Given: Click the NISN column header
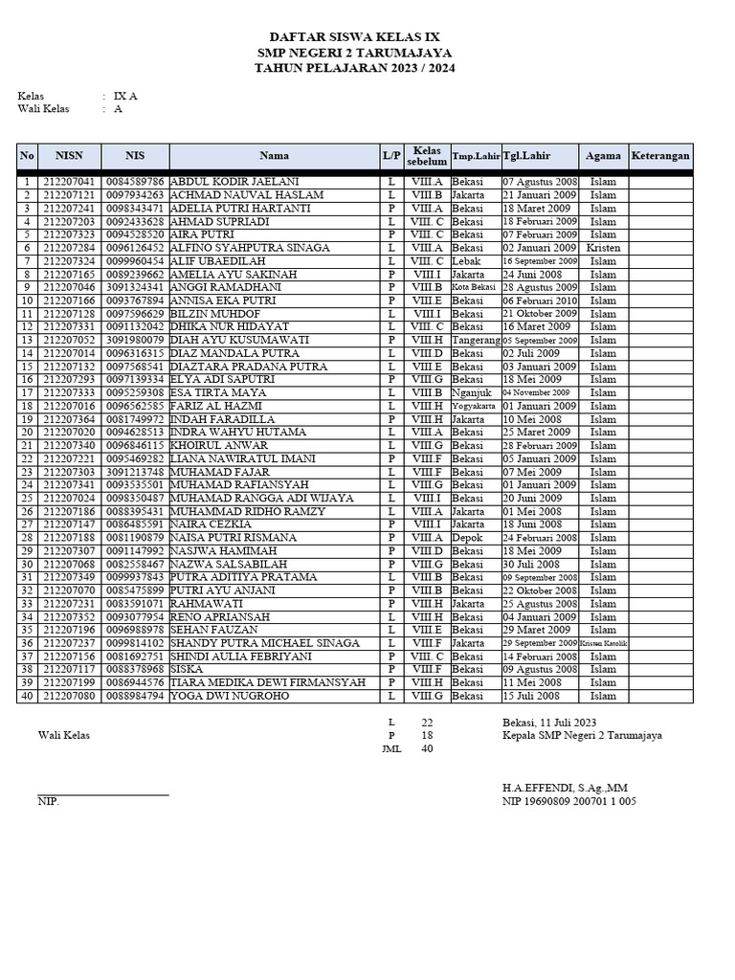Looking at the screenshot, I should [69, 156].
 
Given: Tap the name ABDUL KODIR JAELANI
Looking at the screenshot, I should [234, 182].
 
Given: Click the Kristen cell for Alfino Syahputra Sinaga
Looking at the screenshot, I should [603, 248].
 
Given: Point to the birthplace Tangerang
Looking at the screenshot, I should [476, 340].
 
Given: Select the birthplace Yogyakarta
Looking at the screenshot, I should [476, 406].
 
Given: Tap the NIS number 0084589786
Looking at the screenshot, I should [136, 182].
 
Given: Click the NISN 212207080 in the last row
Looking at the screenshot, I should [69, 696].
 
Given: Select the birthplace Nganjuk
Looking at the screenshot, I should [471, 392].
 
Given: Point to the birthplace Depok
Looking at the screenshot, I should [468, 538].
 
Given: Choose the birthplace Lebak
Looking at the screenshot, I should [467, 261].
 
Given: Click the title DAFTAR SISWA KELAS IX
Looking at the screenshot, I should [354, 35].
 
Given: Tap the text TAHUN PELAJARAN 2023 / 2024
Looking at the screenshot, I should [354, 69].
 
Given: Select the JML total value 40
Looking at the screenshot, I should [427, 749].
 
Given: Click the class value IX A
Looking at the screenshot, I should [125, 97].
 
